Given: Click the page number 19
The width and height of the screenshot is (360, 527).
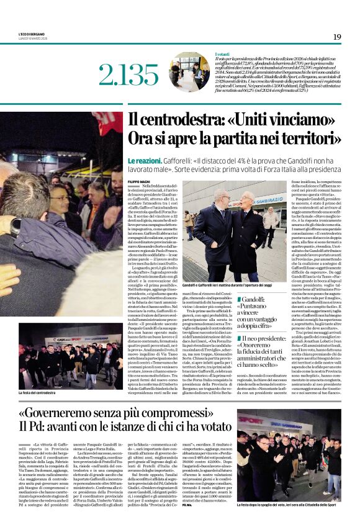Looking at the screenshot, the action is pyautogui.click(x=337, y=37).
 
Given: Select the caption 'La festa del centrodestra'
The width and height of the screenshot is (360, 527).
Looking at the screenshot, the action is pyautogui.click(x=37, y=392).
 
